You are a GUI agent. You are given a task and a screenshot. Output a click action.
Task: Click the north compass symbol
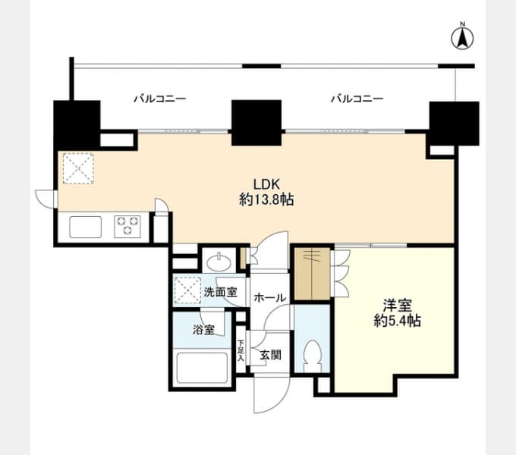click(462, 37)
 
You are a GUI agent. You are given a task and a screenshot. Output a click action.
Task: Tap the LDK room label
click(266, 184)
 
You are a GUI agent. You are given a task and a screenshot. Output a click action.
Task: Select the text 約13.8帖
click(266, 199)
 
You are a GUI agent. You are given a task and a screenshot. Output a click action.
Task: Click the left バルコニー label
click(160, 99)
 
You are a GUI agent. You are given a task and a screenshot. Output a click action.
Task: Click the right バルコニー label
click(357, 99)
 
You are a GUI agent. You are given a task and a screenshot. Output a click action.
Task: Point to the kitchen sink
click(86, 227)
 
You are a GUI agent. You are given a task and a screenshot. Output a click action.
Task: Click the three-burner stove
click(127, 227)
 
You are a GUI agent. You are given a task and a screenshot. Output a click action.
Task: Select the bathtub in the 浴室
click(203, 368)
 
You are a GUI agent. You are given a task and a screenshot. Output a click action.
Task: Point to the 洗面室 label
click(220, 292)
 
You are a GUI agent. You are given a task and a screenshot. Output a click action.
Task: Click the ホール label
click(270, 298)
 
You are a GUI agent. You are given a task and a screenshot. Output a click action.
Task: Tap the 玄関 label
click(270, 355)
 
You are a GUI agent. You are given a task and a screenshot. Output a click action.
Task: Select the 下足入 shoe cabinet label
click(241, 350)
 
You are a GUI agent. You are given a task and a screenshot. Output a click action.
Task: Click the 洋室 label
click(397, 306)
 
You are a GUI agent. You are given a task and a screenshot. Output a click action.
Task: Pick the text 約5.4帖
click(397, 321)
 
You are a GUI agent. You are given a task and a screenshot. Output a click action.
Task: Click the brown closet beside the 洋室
click(312, 274)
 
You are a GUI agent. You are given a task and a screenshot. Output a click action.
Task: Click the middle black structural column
click(256, 123)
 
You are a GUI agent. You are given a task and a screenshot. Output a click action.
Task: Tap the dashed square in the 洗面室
click(187, 290)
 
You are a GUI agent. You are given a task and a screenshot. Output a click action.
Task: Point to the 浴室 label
click(203, 330)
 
